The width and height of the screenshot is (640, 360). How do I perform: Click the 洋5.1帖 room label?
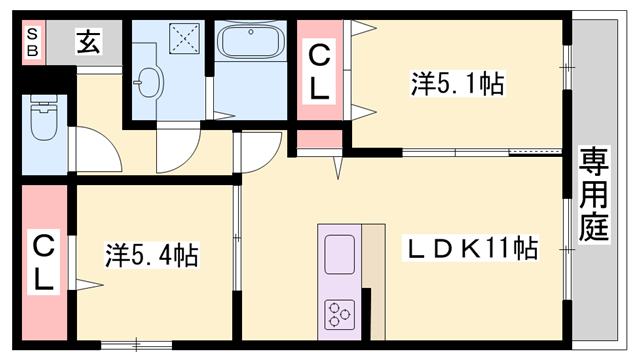pyautogui.click(x=455, y=83)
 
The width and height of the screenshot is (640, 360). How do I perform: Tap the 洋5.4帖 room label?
pyautogui.click(x=151, y=255)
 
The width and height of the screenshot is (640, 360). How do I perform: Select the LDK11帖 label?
pyautogui.click(x=471, y=248)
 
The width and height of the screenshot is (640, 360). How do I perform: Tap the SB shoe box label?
pyautogui.click(x=33, y=41)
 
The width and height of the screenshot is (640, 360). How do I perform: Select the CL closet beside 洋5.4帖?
pyautogui.click(x=44, y=262)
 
